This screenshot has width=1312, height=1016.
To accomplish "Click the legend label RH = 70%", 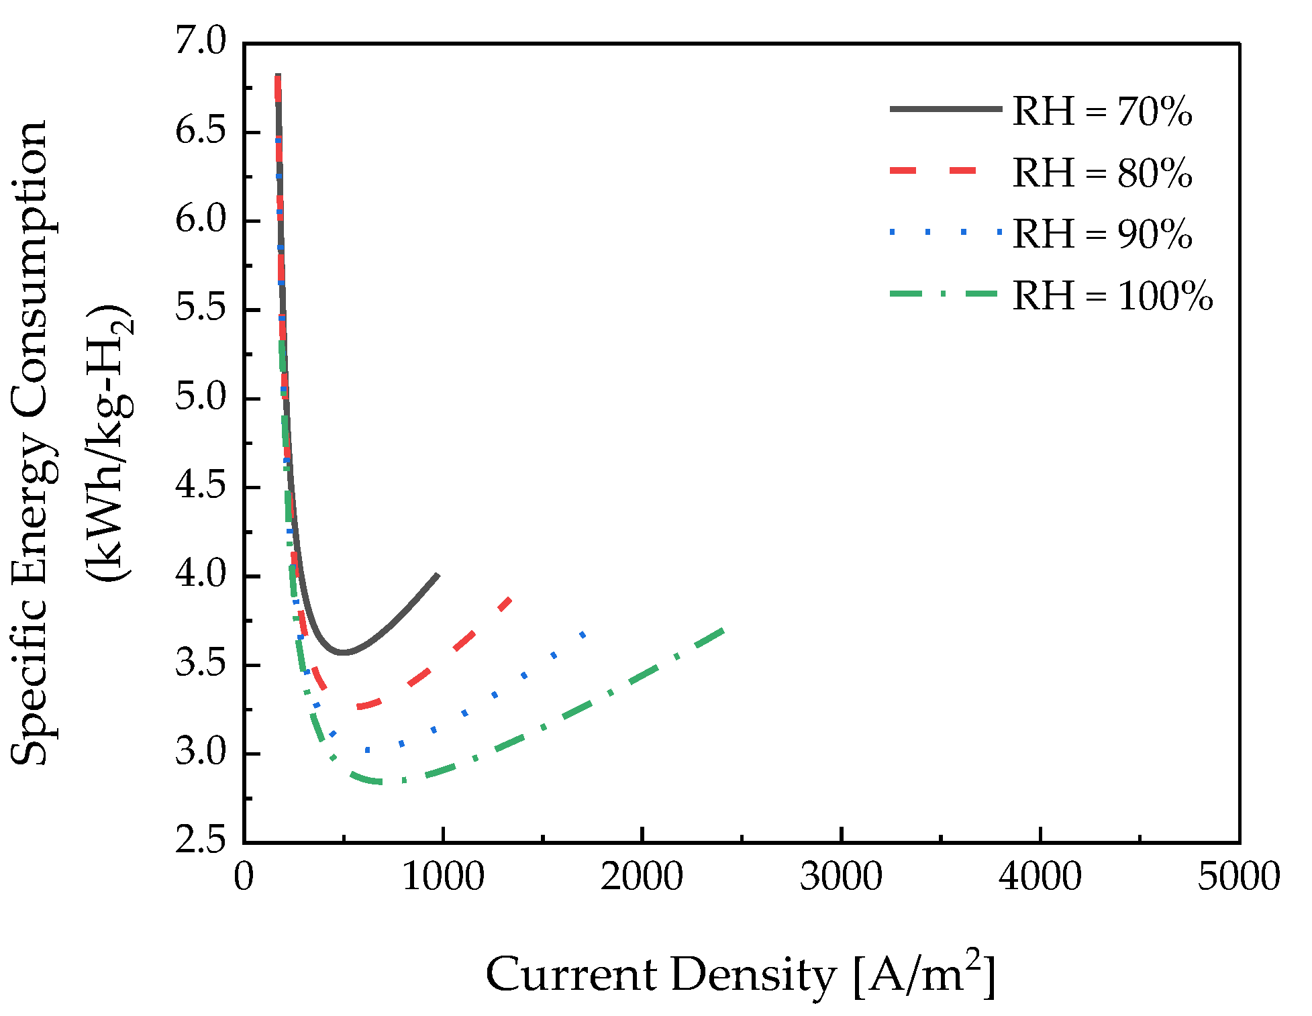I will click(x=1102, y=111).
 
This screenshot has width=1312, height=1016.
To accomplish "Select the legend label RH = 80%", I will click(x=1102, y=173).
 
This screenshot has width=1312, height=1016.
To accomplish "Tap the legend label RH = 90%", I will click(x=1102, y=234).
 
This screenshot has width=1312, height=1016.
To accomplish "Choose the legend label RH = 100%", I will click(x=1112, y=296).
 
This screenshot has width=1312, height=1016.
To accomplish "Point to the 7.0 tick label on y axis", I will click(x=201, y=42).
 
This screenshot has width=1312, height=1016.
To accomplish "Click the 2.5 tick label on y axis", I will click(x=201, y=842).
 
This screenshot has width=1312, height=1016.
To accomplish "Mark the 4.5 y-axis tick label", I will click(x=201, y=487).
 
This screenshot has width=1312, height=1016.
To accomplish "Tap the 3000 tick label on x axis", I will click(x=840, y=877).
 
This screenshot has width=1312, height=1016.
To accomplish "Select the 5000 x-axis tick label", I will click(x=1238, y=877).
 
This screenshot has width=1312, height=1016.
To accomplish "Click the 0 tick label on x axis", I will click(x=244, y=877).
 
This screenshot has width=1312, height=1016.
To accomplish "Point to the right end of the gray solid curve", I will click(x=438, y=574).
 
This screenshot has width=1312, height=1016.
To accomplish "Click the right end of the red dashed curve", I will click(x=511, y=597).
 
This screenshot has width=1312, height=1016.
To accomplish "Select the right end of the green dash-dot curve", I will click(x=723, y=629).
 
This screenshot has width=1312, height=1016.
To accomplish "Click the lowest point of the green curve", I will click(x=383, y=782).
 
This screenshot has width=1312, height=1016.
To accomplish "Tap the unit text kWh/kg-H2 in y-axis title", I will click(x=111, y=443).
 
